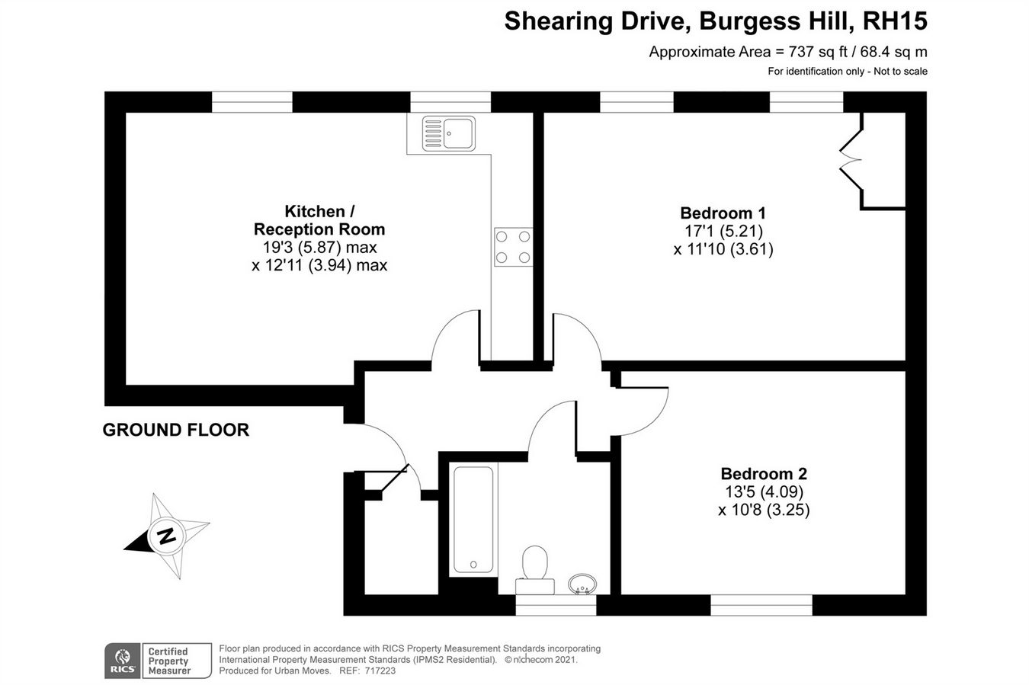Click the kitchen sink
448,133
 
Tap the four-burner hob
513,247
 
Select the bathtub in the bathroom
473,520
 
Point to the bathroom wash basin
582,584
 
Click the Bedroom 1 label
723,213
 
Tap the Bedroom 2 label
764,473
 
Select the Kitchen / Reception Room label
319,220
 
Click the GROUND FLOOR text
176,430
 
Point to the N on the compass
166,536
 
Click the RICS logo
123,661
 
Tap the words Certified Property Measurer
168,661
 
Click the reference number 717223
380,671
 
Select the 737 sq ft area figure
818,52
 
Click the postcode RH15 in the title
895,21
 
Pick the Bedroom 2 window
761,605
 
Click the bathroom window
556,605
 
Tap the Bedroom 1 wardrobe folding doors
851,160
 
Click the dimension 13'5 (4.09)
764,491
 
